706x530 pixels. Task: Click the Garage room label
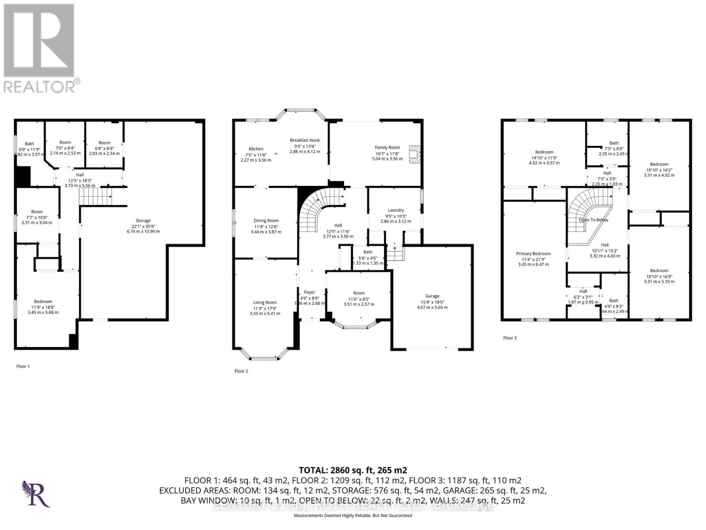click(x=432, y=296)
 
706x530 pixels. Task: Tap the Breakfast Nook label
click(x=305, y=140)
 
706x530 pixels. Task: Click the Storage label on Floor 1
click(x=143, y=220)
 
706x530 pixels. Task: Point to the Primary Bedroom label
click(x=533, y=254)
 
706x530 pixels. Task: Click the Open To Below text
click(x=593, y=220)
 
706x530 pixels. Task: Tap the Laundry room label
click(x=396, y=210)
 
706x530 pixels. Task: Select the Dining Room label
click(x=266, y=220)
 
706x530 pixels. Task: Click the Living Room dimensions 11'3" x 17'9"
click(x=265, y=308)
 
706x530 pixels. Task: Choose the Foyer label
click(x=309, y=292)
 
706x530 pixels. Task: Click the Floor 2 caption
click(x=241, y=371)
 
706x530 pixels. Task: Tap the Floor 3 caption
click(x=510, y=338)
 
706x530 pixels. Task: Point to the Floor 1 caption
click(x=23, y=366)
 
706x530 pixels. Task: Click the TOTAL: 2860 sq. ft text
click(x=353, y=470)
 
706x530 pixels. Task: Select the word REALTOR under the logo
click(x=40, y=86)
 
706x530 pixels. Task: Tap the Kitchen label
click(x=255, y=149)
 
